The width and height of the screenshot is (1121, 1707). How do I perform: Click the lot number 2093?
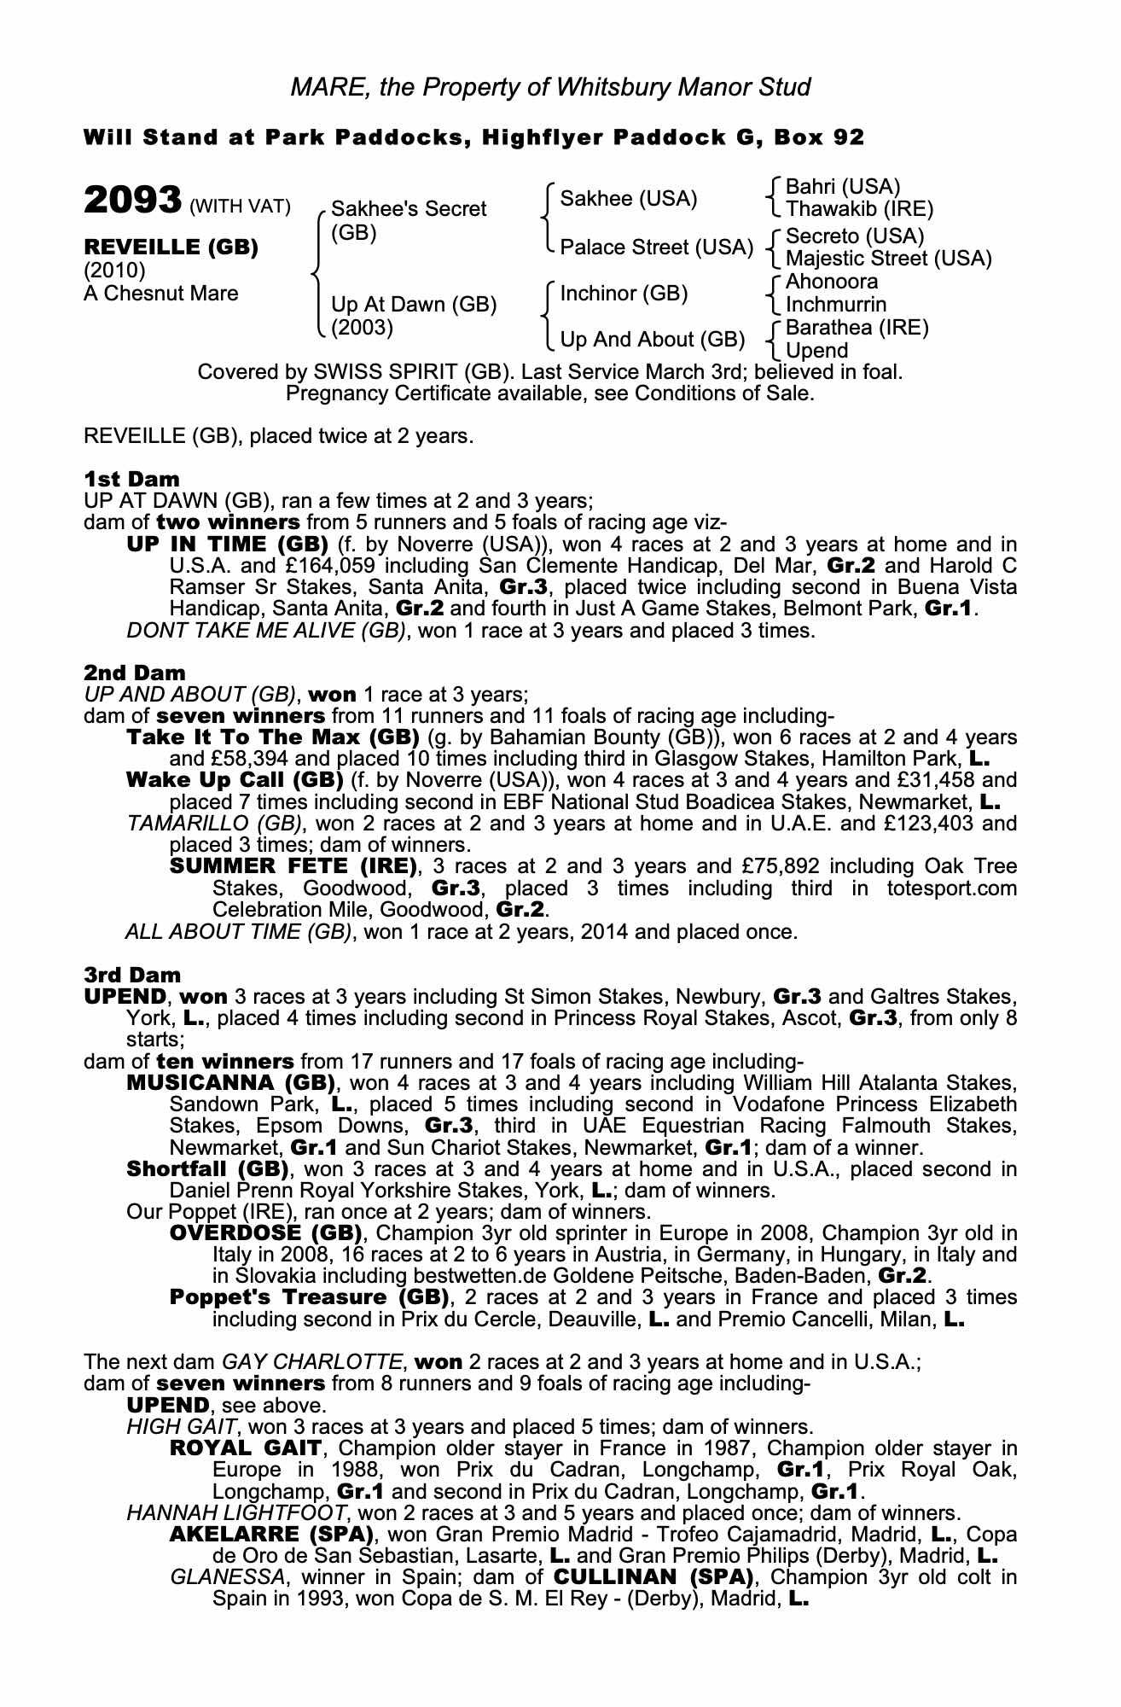point(131,201)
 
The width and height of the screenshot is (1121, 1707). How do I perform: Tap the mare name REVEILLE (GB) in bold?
point(171,248)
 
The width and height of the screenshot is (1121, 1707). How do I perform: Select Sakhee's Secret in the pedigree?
point(408,209)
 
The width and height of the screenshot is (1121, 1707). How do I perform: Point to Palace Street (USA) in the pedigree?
point(656,248)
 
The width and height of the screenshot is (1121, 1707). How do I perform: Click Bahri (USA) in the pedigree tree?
point(842,187)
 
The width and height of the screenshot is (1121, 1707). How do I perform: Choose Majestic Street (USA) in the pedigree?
point(888,259)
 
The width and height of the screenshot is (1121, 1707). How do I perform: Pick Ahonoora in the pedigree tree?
point(831,282)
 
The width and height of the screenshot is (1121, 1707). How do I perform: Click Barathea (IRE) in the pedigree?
point(857,328)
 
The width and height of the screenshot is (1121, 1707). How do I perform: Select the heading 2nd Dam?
point(134,673)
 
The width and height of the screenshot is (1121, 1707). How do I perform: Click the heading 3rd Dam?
point(132,975)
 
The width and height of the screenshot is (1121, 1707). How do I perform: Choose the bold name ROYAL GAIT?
point(246,1448)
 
